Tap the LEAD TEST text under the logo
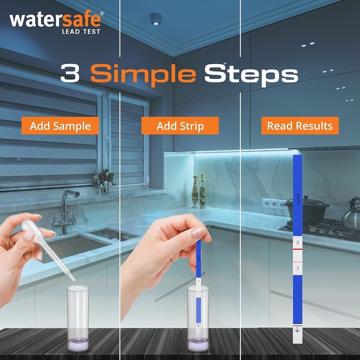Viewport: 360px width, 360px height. point(81,31)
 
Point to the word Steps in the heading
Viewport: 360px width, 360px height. point(251,74)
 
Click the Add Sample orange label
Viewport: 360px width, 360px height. point(60,126)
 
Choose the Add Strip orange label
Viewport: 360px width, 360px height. point(180,126)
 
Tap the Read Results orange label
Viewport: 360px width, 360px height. point(300,126)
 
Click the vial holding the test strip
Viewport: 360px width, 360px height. point(198,319)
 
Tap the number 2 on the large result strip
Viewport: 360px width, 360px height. point(297,242)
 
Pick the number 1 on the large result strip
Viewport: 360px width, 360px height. point(297,269)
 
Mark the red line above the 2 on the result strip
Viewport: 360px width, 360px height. point(297,235)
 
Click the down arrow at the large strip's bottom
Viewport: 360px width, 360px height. point(297,330)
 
